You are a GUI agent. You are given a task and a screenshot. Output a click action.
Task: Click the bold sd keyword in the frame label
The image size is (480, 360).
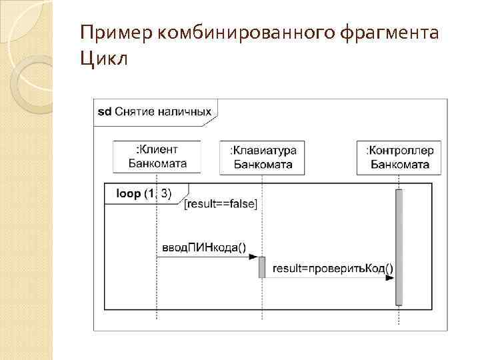coord(104,111)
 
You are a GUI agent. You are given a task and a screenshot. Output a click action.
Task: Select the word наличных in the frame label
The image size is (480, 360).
coord(187,111)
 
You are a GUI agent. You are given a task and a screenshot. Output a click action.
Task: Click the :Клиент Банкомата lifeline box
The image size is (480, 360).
coord(157,156)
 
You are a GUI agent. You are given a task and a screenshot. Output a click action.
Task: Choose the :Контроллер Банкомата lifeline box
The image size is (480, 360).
coord(399,157)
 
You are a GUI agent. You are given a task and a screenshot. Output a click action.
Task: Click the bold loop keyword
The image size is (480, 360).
coord(129,193)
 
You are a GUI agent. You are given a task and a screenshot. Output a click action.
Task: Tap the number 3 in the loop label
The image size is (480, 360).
coord(165,193)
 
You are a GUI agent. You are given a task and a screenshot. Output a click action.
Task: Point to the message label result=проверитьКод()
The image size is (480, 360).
coord(333,269)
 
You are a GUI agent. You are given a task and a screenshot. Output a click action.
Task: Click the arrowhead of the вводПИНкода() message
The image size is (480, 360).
coord(255,258)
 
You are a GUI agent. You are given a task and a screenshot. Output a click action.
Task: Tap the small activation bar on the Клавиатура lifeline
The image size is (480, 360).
coord(262,267)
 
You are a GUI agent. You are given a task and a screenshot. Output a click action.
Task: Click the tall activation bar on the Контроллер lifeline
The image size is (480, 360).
coord(399,247)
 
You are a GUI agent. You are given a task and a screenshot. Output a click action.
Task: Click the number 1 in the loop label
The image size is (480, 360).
coord(151,193)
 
